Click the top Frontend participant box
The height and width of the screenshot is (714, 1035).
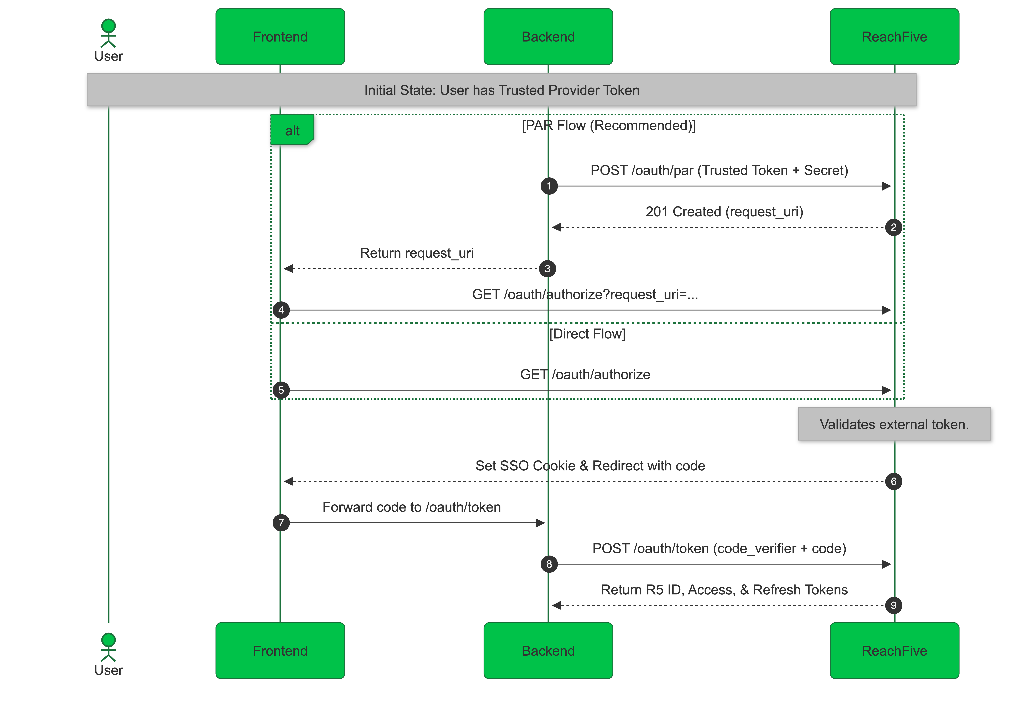[x=280, y=37]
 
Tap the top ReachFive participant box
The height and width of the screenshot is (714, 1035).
[x=894, y=37]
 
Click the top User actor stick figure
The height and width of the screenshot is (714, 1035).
[x=108, y=34]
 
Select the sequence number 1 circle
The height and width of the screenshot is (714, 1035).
[x=549, y=186]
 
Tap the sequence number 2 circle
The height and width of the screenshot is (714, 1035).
[x=893, y=227]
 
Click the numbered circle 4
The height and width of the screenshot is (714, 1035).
[x=281, y=310]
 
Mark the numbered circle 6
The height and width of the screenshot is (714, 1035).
[x=893, y=481]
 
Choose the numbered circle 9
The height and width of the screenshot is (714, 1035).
[x=893, y=605]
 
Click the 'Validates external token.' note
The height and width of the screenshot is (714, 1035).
[x=894, y=424]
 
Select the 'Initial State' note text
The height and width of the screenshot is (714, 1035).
[x=501, y=90]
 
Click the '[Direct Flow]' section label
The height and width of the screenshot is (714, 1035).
[x=587, y=334]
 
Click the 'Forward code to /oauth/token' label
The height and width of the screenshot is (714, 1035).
[x=411, y=507]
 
